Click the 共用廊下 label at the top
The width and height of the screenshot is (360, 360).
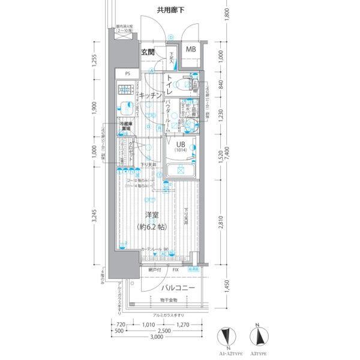tap(170, 10)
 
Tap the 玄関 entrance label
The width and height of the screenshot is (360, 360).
tap(148, 52)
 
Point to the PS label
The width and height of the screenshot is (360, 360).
tap(127, 74)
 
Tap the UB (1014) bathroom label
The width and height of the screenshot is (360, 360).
tap(181, 147)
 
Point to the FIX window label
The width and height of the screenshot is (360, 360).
tap(175, 271)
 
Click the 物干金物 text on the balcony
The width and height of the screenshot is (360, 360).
tap(169, 300)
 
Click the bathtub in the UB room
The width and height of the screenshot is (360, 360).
tap(180, 170)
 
